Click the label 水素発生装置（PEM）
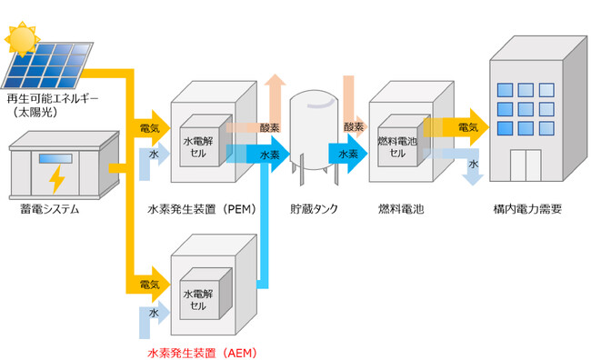(x=200, y=209)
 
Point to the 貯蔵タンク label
(x=314, y=209)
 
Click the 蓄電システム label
(x=49, y=210)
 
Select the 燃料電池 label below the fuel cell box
(x=400, y=209)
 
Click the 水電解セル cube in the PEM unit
(x=202, y=147)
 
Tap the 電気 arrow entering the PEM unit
(x=151, y=128)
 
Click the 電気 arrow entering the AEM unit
(x=151, y=285)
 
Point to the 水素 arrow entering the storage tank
(x=271, y=155)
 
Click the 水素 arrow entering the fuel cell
(x=349, y=155)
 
